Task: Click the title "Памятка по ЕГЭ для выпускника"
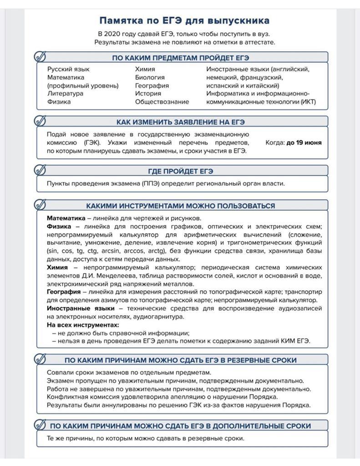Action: coord(184,20)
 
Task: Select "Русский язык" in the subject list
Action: coord(68,69)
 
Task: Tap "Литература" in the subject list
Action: coord(65,94)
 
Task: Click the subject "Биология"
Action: coord(150,77)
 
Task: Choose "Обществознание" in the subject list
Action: coord(162,102)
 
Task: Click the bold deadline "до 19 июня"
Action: coord(304,142)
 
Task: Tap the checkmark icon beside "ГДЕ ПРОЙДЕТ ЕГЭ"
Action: coord(40,170)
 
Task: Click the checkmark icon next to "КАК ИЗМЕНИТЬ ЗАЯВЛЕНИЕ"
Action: coord(40,121)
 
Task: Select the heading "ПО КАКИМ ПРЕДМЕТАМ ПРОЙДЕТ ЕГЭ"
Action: coord(181,58)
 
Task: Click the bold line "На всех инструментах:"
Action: coord(83,325)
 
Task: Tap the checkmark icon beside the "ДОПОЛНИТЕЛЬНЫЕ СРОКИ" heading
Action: coord(40,425)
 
